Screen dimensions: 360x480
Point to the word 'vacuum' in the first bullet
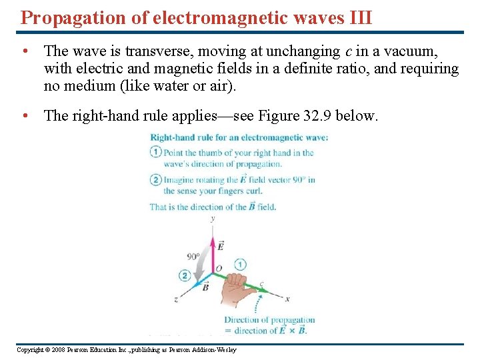[x=411, y=51]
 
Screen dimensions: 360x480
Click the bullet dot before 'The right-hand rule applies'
[x=24, y=115]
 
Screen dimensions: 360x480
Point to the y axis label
[x=213, y=219]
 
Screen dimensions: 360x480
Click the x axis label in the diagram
[x=287, y=298]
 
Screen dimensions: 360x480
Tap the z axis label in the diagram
[x=176, y=299]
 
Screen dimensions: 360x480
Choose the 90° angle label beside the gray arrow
[x=193, y=256]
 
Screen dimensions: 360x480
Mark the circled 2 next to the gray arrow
[x=184, y=275]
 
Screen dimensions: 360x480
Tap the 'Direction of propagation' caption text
[x=269, y=320]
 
